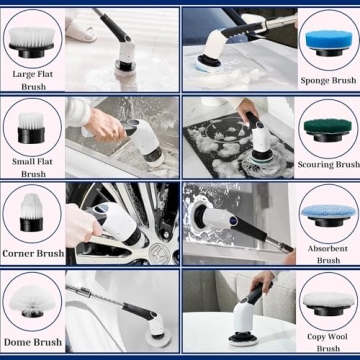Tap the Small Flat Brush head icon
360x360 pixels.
(32, 125)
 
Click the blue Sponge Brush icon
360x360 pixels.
(327, 39)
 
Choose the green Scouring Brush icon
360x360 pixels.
(327, 125)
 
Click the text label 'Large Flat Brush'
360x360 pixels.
(32, 80)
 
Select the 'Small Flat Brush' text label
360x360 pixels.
(32, 167)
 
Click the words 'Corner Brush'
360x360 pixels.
(32, 254)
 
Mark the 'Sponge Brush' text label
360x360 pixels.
(328, 79)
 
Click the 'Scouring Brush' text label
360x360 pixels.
(328, 164)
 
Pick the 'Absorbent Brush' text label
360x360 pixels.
(328, 254)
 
